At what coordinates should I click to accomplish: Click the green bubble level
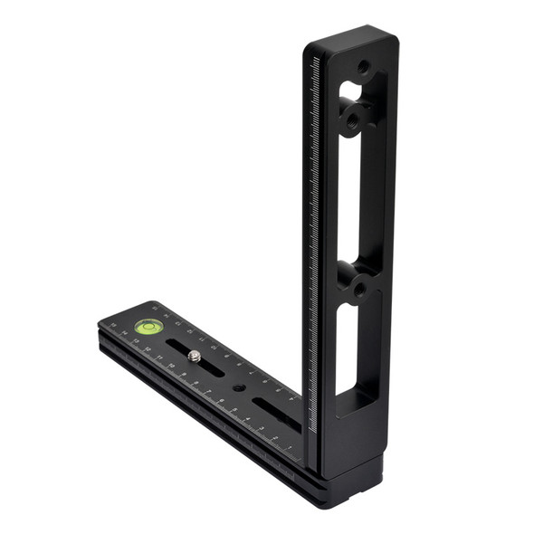click(x=145, y=326)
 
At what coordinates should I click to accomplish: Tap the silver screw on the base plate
click(x=195, y=357)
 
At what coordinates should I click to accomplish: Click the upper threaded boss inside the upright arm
click(x=354, y=112)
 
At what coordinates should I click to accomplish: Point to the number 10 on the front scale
click(x=171, y=365)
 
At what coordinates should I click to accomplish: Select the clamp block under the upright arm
click(x=348, y=471)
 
